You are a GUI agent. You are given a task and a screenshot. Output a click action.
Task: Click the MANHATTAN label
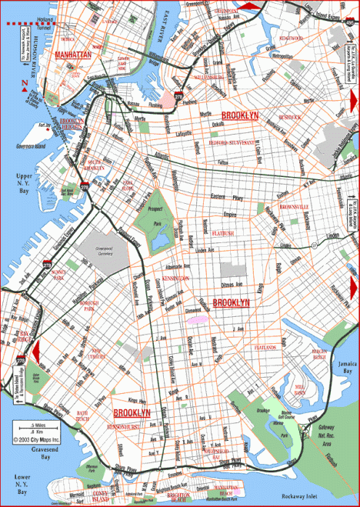(72, 55)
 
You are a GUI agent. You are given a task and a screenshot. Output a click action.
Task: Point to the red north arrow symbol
(25, 91)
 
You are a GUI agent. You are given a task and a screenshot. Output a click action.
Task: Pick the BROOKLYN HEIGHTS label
(72, 125)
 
